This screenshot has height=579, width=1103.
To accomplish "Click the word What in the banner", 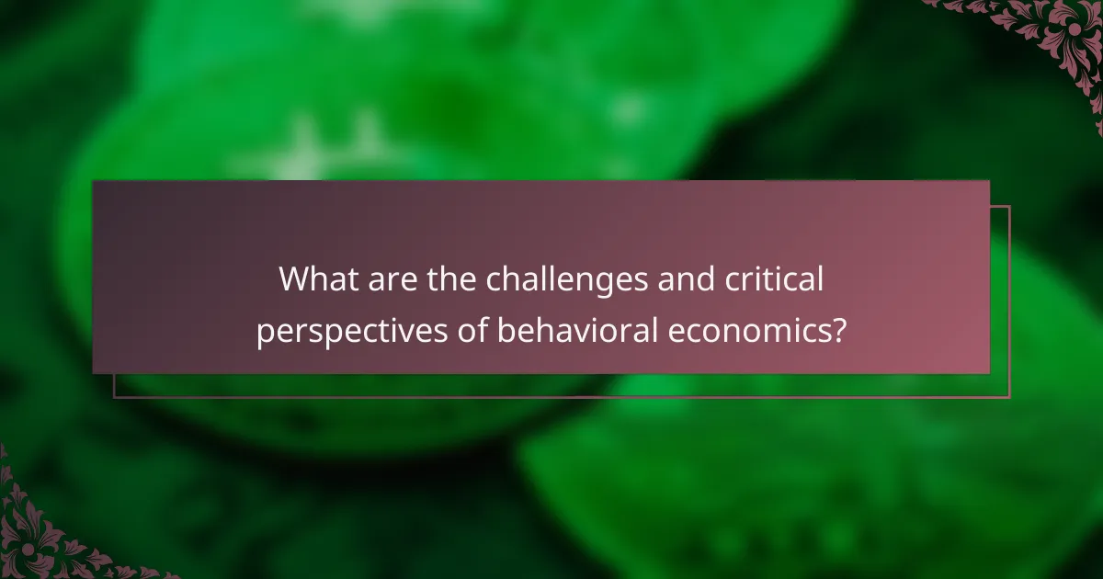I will point(315,278).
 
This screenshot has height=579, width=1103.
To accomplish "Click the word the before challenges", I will point(450,278).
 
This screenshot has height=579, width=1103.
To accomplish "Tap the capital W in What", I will point(294,278).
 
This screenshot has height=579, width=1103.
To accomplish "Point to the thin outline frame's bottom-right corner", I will point(1009,397).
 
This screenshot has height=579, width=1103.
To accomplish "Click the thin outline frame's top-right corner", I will point(1009,207).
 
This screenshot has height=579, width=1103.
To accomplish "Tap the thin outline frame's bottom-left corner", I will point(114,397).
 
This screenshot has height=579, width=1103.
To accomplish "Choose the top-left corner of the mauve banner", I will point(94,182).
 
